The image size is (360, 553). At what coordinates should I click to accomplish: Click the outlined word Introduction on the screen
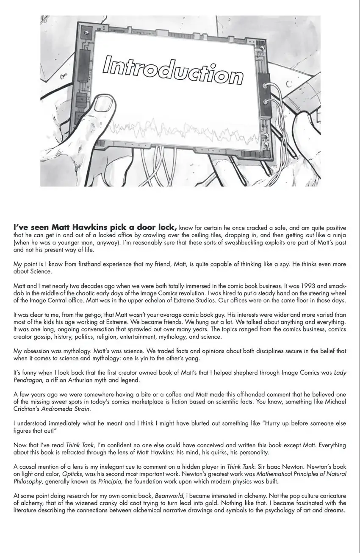173,70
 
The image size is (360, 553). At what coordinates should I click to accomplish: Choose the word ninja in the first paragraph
338,235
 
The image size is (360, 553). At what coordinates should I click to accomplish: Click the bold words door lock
158,227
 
